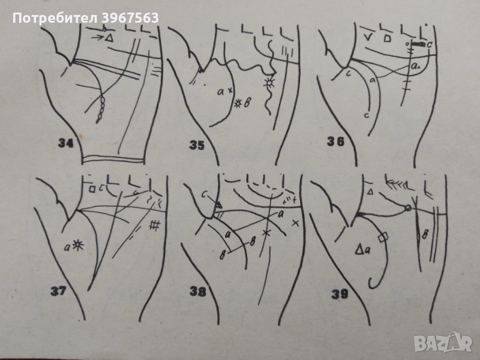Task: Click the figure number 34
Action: pyautogui.click(x=66, y=143)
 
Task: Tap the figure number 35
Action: pyautogui.click(x=197, y=145)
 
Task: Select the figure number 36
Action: pyautogui.click(x=335, y=142)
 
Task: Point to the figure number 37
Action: pyautogui.click(x=58, y=291)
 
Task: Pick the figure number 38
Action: pyautogui.click(x=198, y=292)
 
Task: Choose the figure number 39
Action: pyautogui.click(x=340, y=295)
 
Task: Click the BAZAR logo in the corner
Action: pyautogui.click(x=443, y=342)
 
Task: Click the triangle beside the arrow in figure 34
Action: pyautogui.click(x=109, y=38)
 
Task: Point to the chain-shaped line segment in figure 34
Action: pyautogui.click(x=101, y=110)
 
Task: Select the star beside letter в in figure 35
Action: pyautogui.click(x=238, y=104)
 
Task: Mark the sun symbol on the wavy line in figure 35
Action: pyautogui.click(x=270, y=83)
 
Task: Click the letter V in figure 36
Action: pyautogui.click(x=368, y=37)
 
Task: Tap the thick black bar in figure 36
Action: pyautogui.click(x=418, y=44)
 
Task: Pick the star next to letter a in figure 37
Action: pyautogui.click(x=79, y=245)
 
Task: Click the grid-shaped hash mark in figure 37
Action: pyautogui.click(x=155, y=225)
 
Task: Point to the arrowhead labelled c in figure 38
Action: pyautogui.click(x=218, y=205)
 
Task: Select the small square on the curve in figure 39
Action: pyautogui.click(x=383, y=237)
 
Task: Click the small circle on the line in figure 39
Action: pyautogui.click(x=408, y=208)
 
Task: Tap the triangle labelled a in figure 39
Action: pyautogui.click(x=359, y=250)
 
